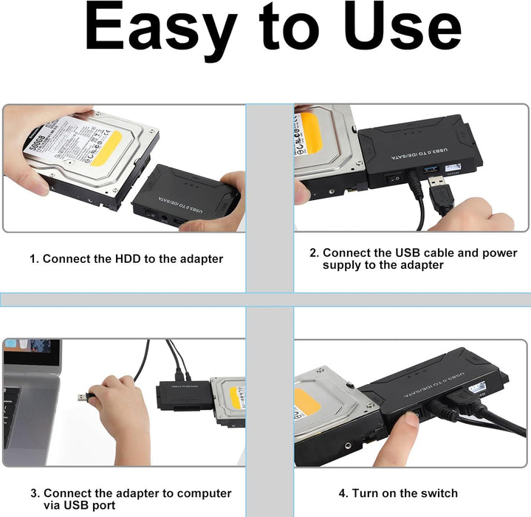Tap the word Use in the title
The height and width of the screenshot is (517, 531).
coord(399,30)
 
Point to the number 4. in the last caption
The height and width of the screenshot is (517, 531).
coord(343,493)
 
